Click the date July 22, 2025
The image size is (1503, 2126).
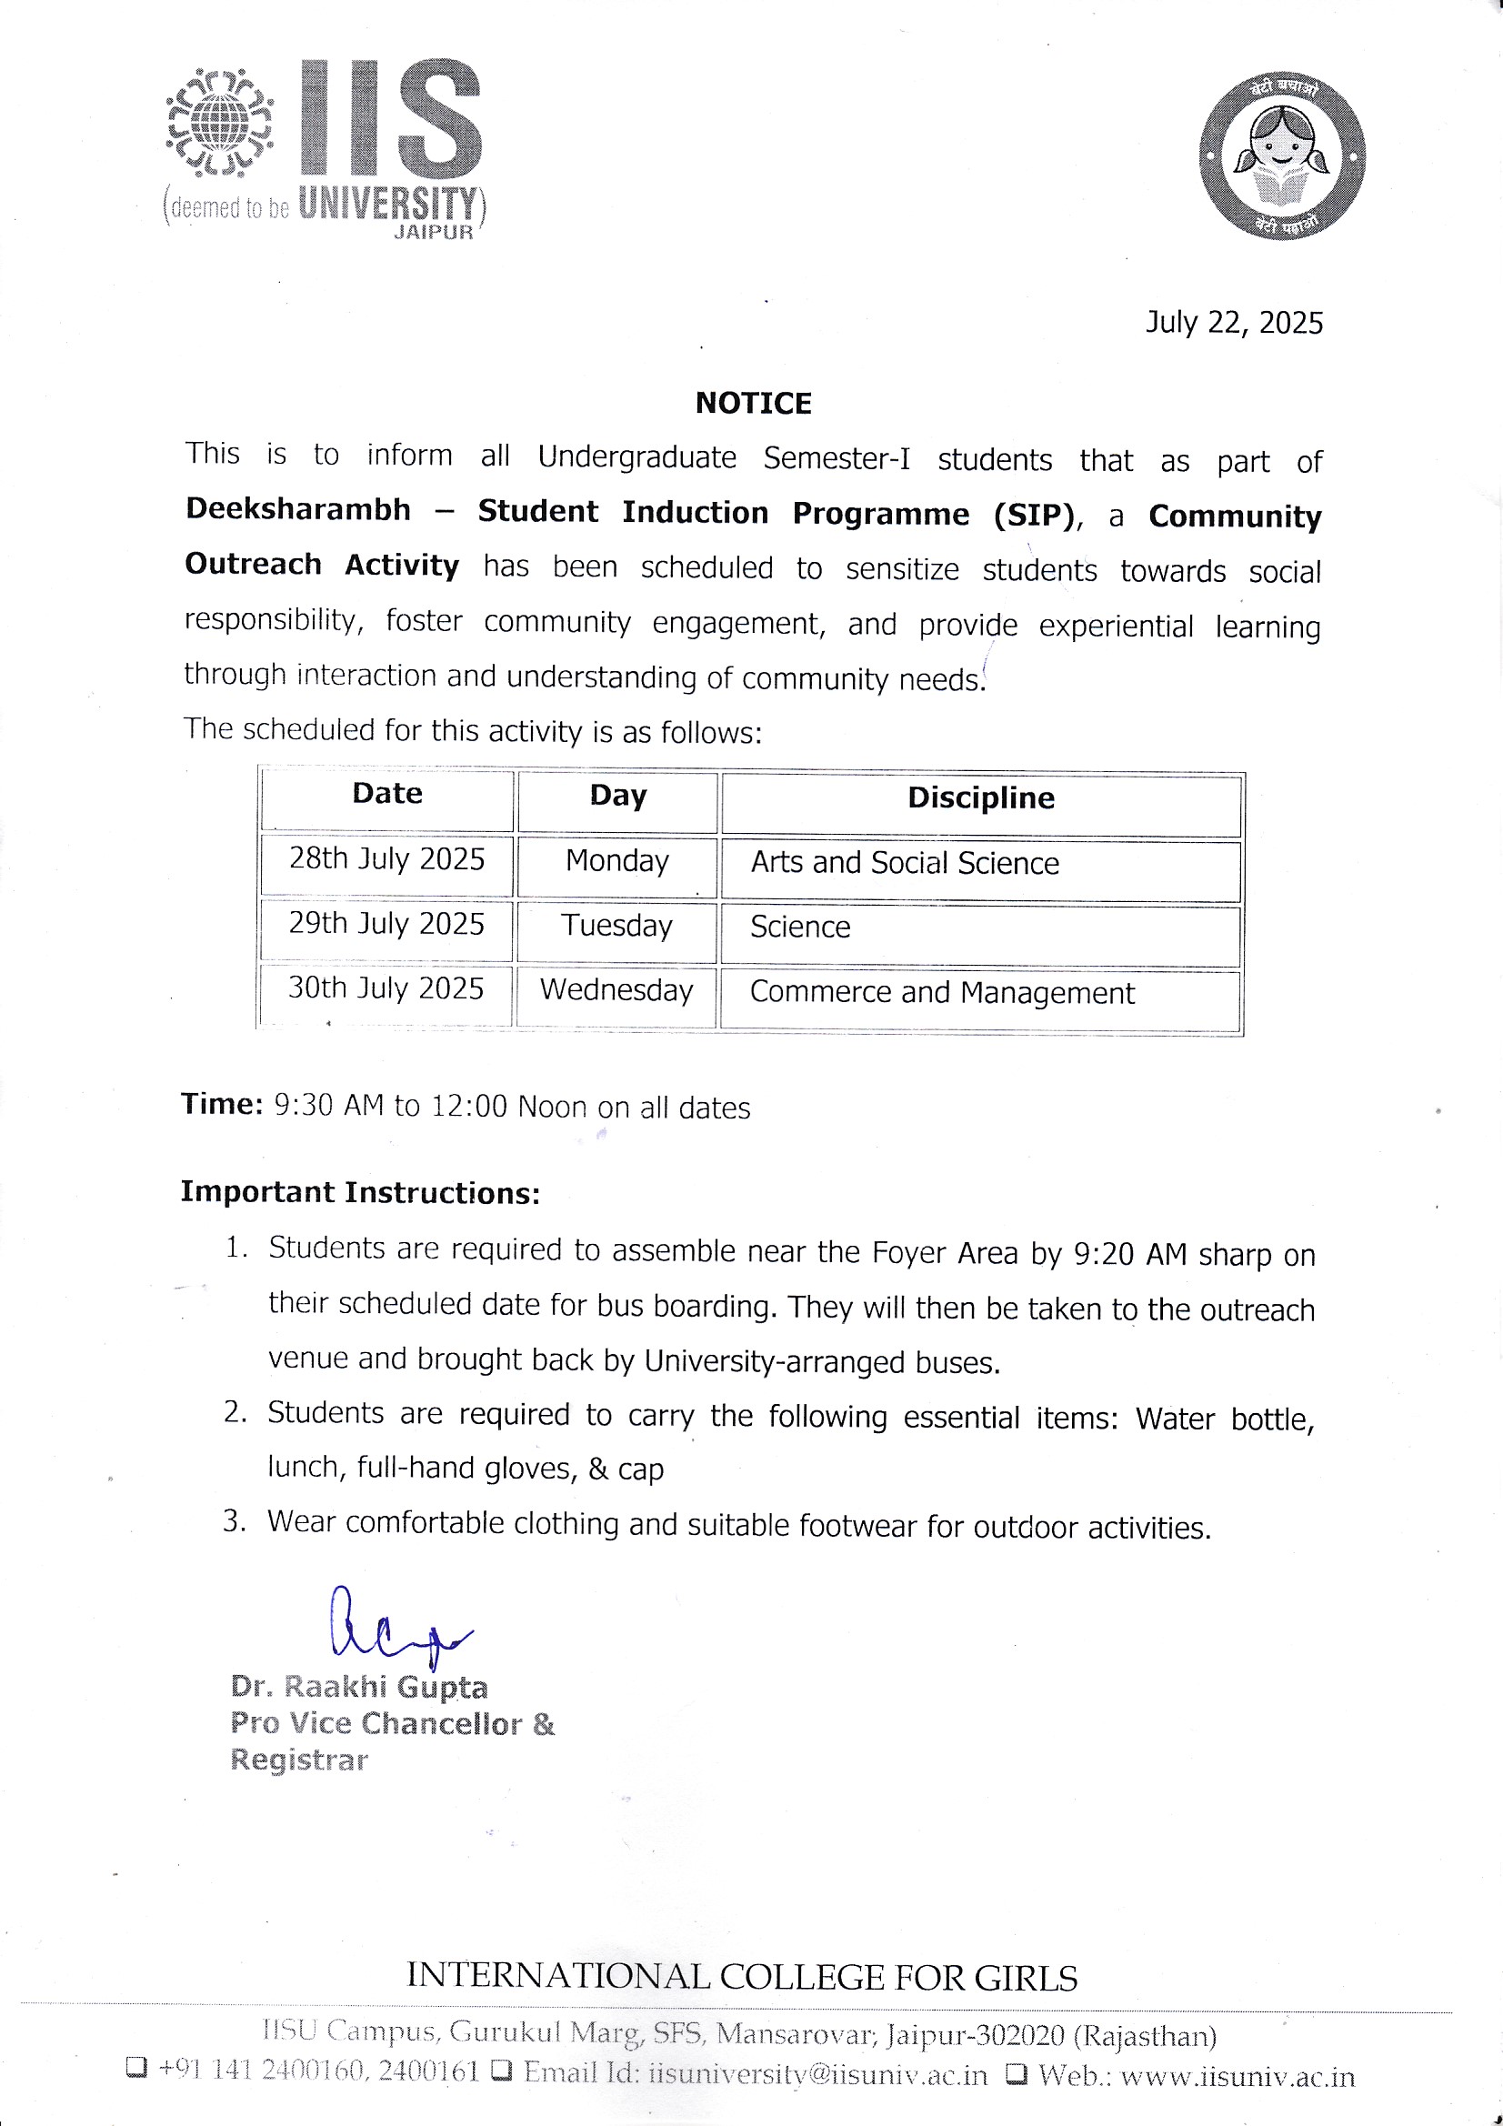[1234, 322]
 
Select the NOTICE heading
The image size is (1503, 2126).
[753, 403]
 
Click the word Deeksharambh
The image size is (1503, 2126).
[298, 509]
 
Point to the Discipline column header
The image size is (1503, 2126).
[981, 797]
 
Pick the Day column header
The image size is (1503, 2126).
[617, 796]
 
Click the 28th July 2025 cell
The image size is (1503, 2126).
[386, 858]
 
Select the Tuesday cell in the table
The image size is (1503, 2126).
[616, 925]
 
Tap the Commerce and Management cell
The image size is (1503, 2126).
[942, 992]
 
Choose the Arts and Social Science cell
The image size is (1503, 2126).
[904, 862]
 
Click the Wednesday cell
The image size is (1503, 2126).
[616, 989]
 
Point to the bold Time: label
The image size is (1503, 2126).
[222, 1104]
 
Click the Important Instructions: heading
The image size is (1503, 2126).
[359, 1192]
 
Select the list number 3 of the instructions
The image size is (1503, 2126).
[234, 1521]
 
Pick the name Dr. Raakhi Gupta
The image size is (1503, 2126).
[358, 1687]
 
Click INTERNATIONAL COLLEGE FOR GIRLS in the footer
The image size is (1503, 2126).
[742, 1977]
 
